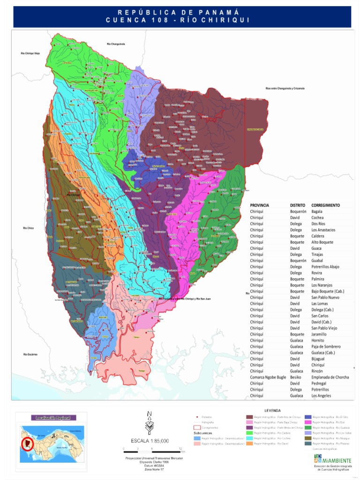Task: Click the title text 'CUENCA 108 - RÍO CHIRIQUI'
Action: (x=180, y=20)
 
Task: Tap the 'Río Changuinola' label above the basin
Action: (x=115, y=44)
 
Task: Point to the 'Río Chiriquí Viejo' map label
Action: (x=30, y=53)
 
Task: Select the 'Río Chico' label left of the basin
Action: (x=28, y=228)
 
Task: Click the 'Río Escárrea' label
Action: (x=30, y=354)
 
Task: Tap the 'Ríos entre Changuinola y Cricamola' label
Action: (x=285, y=88)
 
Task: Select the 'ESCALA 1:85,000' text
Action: (x=150, y=441)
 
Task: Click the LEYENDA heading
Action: (x=272, y=410)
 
